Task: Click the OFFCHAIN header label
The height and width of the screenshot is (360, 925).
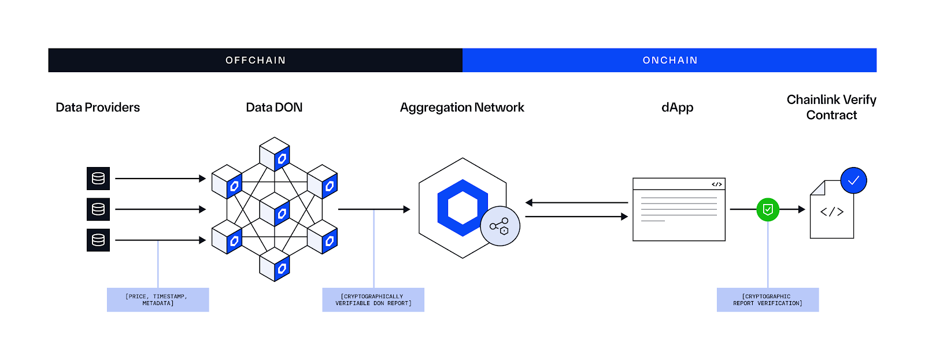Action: tap(256, 60)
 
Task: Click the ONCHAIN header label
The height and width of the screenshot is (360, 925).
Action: tap(670, 60)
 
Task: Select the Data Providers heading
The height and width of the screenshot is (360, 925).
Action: tap(98, 107)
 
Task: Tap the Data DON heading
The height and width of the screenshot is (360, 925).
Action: tap(274, 107)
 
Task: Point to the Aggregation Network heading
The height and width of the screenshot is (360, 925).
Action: tap(462, 107)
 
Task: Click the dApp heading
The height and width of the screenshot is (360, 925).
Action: tap(677, 107)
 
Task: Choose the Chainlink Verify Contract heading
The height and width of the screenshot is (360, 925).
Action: tap(831, 107)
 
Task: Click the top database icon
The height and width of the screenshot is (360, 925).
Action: tap(98, 179)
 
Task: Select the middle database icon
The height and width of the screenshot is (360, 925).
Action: tap(98, 209)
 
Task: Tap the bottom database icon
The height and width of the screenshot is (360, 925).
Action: tap(98, 240)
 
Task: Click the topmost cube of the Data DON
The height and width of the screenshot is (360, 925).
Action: tap(275, 154)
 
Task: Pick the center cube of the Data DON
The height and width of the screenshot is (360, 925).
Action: tap(275, 209)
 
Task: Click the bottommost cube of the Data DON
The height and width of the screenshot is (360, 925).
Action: tap(275, 265)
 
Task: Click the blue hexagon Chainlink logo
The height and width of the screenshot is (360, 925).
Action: tap(462, 208)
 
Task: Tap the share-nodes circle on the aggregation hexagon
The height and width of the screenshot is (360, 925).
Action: tap(500, 226)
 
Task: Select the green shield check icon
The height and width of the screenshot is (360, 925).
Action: tap(768, 209)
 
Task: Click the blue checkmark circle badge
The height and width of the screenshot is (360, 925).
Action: tap(853, 180)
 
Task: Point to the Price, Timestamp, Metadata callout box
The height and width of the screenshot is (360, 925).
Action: tap(158, 300)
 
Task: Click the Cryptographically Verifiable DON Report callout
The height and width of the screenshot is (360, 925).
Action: tap(373, 300)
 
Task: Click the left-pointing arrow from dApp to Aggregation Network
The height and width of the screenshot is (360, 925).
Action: tap(576, 203)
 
